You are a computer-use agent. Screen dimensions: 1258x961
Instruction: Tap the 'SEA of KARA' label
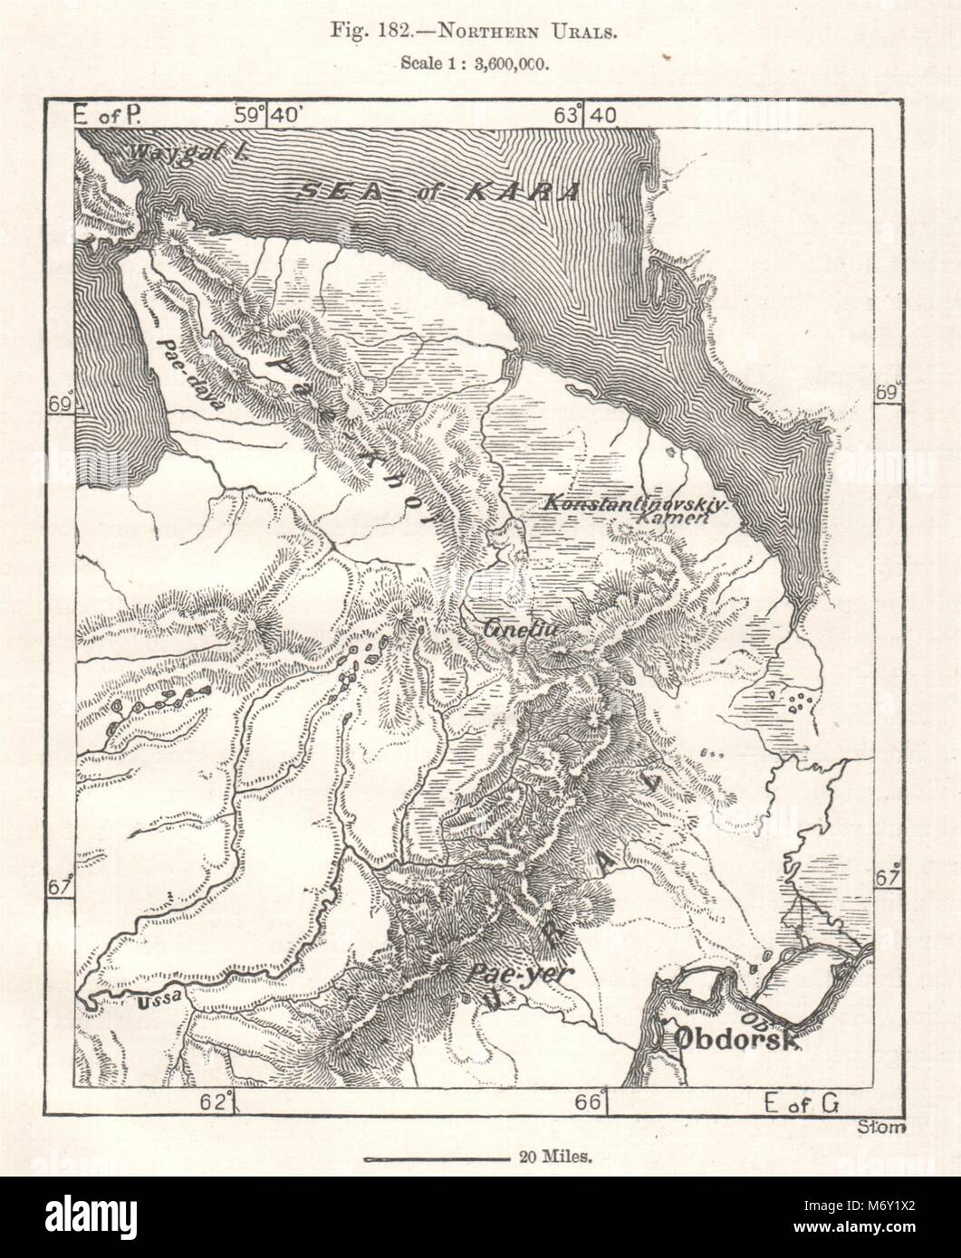click(x=439, y=192)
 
